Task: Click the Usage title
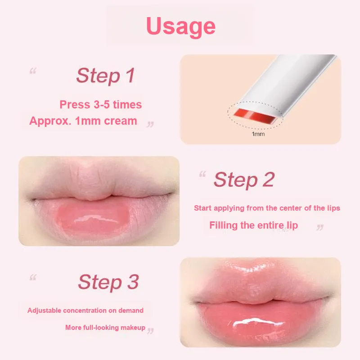click(x=181, y=27)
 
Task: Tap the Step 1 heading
click(x=105, y=76)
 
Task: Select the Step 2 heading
click(x=244, y=180)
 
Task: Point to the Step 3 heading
click(x=108, y=282)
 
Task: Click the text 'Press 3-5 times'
click(x=100, y=104)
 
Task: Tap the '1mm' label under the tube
click(x=258, y=134)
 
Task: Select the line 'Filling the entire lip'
click(x=253, y=225)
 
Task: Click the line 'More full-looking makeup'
click(x=105, y=328)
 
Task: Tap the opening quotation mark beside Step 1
click(x=33, y=71)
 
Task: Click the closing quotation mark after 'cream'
click(x=150, y=124)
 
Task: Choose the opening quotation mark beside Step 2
click(x=202, y=174)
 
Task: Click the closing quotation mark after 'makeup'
click(x=150, y=331)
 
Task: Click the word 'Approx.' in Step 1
click(x=50, y=121)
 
